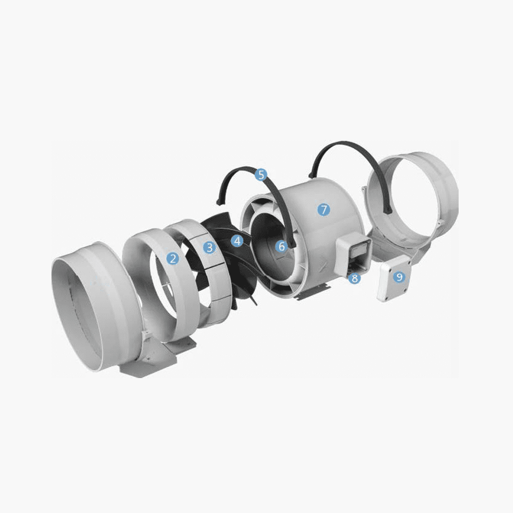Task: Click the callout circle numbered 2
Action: point(173,259)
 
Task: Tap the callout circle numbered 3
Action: point(210,247)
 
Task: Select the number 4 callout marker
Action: point(238,241)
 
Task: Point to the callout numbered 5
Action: point(261,174)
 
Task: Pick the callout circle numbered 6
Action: point(281,246)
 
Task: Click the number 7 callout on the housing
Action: point(324,209)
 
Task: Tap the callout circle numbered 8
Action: point(354,279)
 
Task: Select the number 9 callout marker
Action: point(399,277)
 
